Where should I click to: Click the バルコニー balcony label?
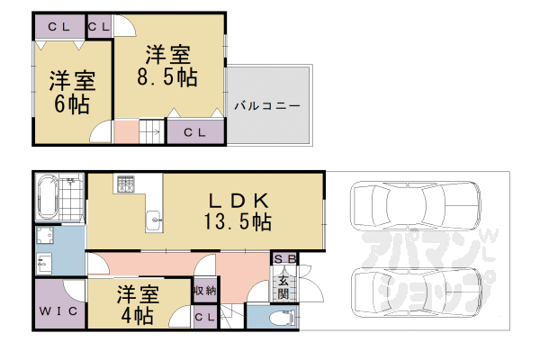(x=266, y=106)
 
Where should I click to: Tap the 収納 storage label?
(x=203, y=291)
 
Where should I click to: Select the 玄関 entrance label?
(x=282, y=285)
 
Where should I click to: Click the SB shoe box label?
(x=283, y=259)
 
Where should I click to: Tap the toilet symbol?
(x=280, y=317)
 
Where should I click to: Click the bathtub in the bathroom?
(x=47, y=198)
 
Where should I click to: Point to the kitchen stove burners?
(x=124, y=184)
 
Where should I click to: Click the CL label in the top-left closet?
(x=59, y=26)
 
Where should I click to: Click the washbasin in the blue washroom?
(x=45, y=264)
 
